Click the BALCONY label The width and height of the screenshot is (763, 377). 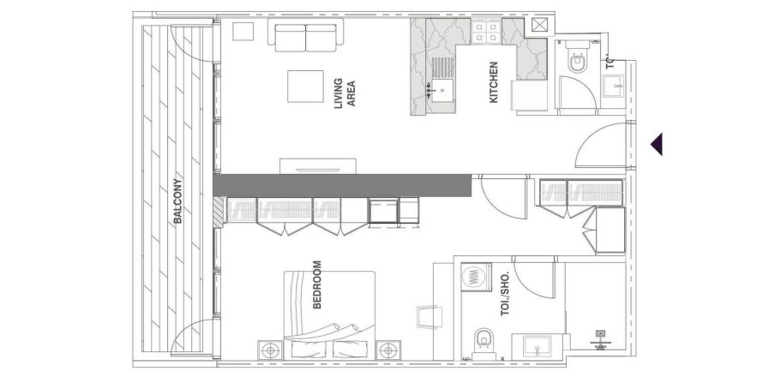point(177,206)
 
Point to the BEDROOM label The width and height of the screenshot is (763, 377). point(317,285)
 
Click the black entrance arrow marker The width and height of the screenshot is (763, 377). point(656,144)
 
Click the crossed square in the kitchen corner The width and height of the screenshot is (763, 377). point(539,26)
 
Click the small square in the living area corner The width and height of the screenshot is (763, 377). point(243,30)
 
